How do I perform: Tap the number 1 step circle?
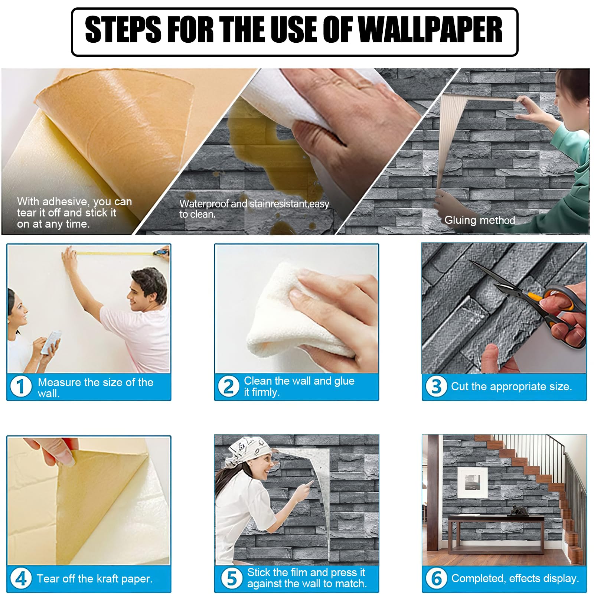coord(21,386)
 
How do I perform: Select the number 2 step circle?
coord(228,386)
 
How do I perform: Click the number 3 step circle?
coord(436,386)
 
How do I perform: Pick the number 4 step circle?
coord(21,578)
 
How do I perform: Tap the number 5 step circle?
coord(232,578)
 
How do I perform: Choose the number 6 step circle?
coord(436,578)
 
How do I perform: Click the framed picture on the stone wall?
coord(472,482)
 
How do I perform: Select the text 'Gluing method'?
coord(480,221)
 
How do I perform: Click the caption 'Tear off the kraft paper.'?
coord(95,578)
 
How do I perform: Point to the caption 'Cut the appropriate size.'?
coord(511,386)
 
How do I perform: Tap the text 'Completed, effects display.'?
coord(515,578)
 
